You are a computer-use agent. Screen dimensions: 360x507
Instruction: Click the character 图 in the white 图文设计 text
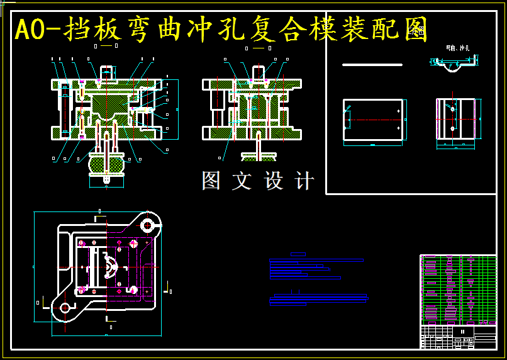pos(211,181)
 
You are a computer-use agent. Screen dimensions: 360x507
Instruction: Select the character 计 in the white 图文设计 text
pos(304,181)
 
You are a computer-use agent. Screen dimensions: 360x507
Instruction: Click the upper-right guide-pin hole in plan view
pos(148,225)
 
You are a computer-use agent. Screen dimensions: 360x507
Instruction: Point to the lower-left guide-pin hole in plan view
pos(65,308)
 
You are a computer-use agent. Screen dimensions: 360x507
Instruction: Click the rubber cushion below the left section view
pos(106,166)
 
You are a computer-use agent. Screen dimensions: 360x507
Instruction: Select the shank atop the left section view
pos(106,72)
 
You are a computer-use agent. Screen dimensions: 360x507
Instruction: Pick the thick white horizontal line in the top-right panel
pos(372,65)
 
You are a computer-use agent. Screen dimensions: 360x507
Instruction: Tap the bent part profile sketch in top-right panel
pos(454,64)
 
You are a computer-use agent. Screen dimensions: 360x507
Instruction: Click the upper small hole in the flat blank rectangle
pos(399,111)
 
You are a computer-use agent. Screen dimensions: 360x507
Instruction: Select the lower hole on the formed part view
pos(453,128)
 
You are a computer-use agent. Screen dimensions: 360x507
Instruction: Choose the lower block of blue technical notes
pos(318,300)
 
